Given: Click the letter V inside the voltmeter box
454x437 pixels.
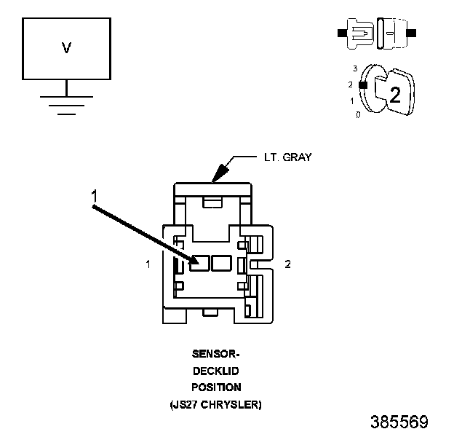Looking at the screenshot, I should coord(66,48).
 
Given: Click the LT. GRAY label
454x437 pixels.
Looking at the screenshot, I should coord(287,157).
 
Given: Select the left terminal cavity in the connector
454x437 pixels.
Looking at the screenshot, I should coord(199,263).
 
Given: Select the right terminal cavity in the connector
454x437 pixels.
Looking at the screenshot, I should coord(220,263).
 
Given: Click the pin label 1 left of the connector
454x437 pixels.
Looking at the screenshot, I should coord(148,264).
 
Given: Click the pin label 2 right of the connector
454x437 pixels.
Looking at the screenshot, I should coord(287,264).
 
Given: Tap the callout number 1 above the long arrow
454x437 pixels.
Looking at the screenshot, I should coord(94,195).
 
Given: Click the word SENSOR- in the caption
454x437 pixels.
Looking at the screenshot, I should coord(215,355).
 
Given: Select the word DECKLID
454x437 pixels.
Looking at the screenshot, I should coord(215,371).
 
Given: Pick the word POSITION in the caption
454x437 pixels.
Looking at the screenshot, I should coord(215,387).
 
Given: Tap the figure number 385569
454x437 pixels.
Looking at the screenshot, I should coord(399,422).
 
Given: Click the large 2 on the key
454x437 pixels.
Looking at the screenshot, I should coord(394,95).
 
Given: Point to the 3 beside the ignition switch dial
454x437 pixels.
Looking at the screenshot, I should coord(355,68).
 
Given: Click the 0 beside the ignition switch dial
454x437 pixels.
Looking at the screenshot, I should coord(357,115).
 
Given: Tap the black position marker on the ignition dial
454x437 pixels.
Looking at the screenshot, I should coord(362,84).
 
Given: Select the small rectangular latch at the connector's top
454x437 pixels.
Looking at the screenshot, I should coord(211,201).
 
